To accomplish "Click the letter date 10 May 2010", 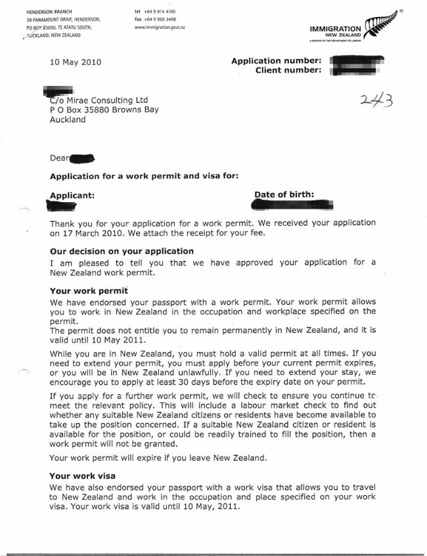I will coord(76,63).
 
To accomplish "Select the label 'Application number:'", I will coord(276,61).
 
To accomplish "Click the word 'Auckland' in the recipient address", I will coord(68,121).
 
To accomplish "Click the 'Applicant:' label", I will coord(72,195).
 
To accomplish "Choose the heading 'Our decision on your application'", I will coord(122,251).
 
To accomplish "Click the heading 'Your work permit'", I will coord(89,290).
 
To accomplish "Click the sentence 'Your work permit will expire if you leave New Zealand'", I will coord(158,458).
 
